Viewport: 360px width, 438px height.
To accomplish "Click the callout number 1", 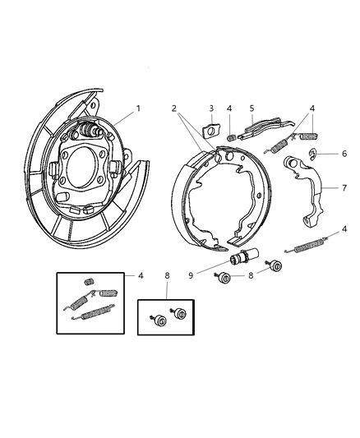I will click(138, 108).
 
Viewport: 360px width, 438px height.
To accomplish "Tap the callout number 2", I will click(173, 108).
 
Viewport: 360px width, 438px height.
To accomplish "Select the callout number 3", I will click(210, 108).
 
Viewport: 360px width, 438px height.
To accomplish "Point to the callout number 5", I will click(251, 108).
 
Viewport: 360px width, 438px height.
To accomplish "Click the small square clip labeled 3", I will click(211, 129).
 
